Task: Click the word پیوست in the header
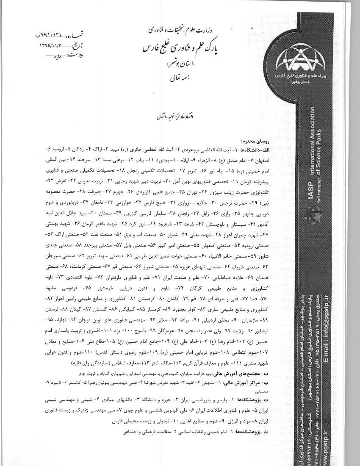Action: pyautogui.click(x=73, y=55)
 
